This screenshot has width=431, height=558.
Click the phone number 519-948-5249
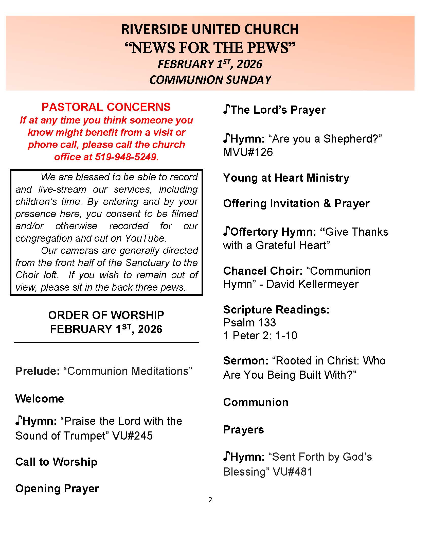click(127, 157)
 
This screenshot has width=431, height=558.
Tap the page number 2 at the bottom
click(210, 500)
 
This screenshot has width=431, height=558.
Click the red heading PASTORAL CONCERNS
click(106, 107)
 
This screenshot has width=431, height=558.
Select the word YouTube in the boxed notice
click(145, 238)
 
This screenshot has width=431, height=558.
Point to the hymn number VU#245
click(132, 435)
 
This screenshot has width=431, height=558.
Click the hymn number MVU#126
click(248, 152)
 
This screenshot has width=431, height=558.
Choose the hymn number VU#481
click(293, 472)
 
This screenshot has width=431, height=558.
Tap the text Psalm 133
click(249, 323)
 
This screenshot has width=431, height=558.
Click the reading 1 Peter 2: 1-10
click(260, 336)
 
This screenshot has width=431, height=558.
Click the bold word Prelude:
click(37, 371)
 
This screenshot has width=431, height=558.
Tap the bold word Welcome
click(40, 399)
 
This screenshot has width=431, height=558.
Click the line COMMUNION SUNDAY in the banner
click(210, 80)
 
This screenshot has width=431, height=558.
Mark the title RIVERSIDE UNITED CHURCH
click(210, 29)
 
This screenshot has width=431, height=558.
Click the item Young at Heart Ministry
click(286, 178)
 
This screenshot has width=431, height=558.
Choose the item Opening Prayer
click(57, 489)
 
